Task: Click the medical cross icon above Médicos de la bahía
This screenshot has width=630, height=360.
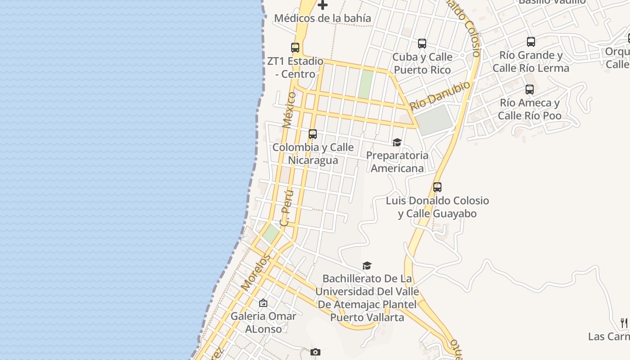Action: (x=323, y=5)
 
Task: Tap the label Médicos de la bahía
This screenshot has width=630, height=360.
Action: (x=322, y=18)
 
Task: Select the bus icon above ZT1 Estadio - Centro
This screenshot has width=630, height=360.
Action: (x=295, y=47)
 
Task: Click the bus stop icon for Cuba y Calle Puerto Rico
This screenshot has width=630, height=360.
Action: (x=422, y=44)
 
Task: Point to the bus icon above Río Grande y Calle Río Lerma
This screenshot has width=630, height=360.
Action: (x=531, y=42)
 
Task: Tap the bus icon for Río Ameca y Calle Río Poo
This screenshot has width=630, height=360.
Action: (x=530, y=90)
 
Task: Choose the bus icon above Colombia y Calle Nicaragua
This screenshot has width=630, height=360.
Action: (x=313, y=134)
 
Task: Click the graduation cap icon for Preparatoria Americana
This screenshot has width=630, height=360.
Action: (x=397, y=143)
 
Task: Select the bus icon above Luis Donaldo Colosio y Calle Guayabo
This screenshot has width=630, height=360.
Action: (x=437, y=187)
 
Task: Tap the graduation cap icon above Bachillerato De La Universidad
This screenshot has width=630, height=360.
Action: (x=367, y=265)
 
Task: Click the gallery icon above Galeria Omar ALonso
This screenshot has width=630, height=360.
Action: (x=263, y=303)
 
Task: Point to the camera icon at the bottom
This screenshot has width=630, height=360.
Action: (x=315, y=352)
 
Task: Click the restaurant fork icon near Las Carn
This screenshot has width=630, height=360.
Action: (x=624, y=323)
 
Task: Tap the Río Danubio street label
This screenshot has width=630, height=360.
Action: (x=440, y=95)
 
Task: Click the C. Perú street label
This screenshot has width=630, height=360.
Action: (x=287, y=208)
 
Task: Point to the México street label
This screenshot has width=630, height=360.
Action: (x=289, y=110)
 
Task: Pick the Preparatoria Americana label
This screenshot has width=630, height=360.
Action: (x=397, y=162)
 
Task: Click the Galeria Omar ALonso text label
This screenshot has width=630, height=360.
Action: (x=263, y=322)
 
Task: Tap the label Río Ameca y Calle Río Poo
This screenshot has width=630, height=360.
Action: (x=530, y=109)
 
